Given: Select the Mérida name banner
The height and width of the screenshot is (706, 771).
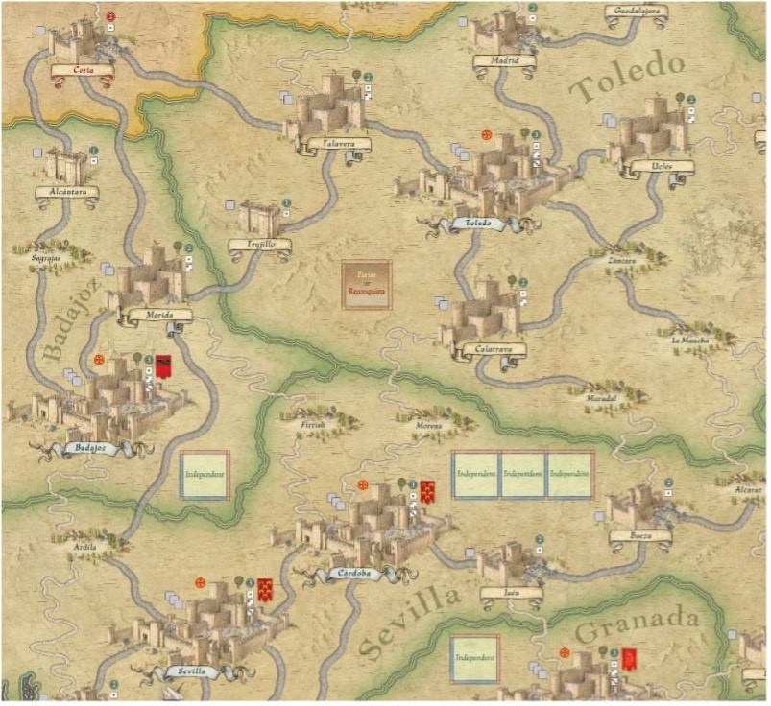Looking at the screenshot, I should pos(159,314).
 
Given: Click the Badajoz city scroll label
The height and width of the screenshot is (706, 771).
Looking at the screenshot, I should pos(87,448).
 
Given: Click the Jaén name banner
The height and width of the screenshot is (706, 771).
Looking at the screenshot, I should pos(511,593).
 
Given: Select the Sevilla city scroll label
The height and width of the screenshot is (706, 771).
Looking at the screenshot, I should pos(191,671).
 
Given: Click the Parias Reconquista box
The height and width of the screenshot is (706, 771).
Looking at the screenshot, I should pos(368,285).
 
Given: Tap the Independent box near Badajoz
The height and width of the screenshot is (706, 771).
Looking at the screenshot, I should pos(205,475).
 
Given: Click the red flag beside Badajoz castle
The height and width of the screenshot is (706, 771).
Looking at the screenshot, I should pos(164,365).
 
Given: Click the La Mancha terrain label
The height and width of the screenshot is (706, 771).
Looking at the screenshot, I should pos(687,340).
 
